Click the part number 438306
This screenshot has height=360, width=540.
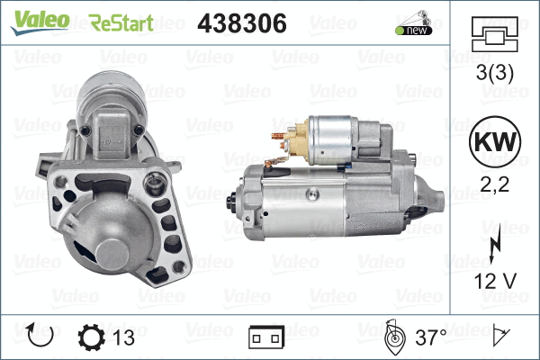click(x=241, y=23)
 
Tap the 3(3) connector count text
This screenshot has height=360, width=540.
click(x=494, y=76)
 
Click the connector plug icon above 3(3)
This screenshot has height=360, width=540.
click(x=494, y=37)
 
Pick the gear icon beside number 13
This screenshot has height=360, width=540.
click(x=94, y=337)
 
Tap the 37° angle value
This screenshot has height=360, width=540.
click(x=430, y=337)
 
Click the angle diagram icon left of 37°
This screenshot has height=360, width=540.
click(x=392, y=337)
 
